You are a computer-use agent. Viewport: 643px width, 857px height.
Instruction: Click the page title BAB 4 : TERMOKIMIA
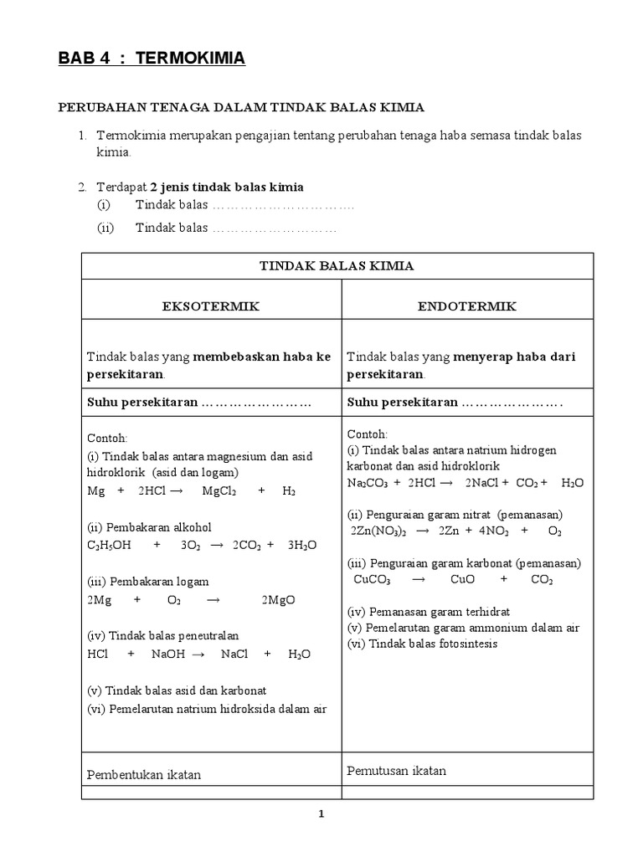click(151, 59)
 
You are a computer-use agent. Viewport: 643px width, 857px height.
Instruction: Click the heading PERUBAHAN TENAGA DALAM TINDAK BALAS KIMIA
click(241, 107)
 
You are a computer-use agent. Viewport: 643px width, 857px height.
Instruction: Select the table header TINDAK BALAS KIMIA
click(337, 265)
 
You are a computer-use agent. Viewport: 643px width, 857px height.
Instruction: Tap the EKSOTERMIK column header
click(210, 306)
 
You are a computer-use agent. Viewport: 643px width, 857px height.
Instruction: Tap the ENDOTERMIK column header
click(467, 306)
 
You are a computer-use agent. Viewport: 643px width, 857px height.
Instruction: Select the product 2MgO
click(278, 600)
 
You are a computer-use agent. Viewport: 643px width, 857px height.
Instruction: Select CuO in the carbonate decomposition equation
click(462, 578)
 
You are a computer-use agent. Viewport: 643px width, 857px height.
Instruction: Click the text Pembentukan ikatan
click(144, 774)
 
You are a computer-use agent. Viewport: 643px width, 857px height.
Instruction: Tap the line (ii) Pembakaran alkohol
click(150, 527)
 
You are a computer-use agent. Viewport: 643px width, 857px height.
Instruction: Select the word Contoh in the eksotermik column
click(106, 438)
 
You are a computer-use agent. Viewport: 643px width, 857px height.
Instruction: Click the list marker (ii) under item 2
click(105, 228)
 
